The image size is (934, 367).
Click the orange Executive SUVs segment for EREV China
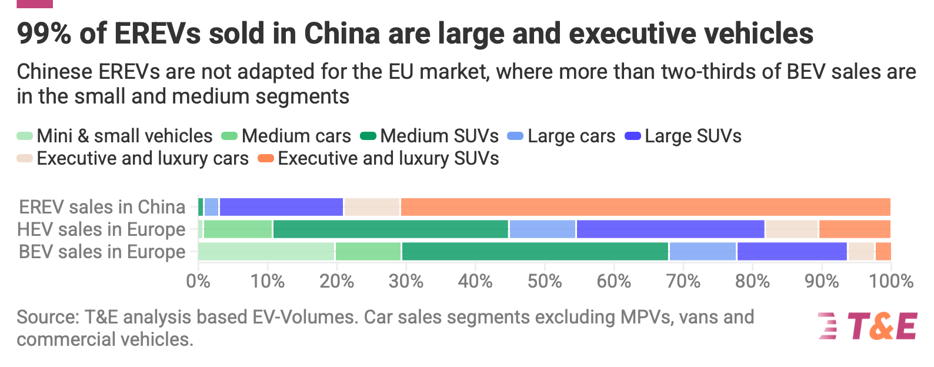tap(645, 207)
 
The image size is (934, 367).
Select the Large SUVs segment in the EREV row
tap(281, 207)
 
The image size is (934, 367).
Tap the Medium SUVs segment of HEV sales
tap(391, 229)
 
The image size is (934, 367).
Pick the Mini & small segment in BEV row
tap(266, 252)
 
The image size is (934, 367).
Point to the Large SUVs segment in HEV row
tap(671, 229)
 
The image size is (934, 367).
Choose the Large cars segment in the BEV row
tap(703, 252)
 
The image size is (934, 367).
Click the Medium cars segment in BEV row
tap(368, 252)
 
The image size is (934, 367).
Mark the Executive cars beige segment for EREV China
tap(372, 207)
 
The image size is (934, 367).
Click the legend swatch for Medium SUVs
tap(368, 136)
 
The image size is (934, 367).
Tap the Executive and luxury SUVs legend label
tap(388, 159)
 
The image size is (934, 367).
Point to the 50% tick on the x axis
tap(545, 281)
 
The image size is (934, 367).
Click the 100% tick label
tap(891, 281)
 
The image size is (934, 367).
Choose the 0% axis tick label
tap(198, 281)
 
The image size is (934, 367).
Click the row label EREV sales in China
tap(102, 207)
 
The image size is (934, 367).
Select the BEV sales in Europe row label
tap(102, 252)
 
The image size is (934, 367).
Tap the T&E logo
tap(868, 326)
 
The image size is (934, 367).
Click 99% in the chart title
tap(44, 34)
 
